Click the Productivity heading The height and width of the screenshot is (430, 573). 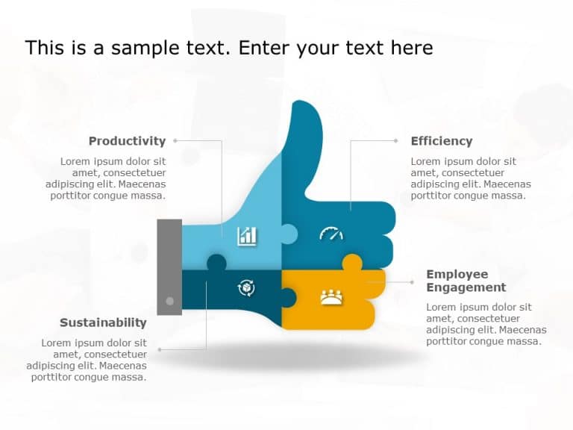tap(127, 141)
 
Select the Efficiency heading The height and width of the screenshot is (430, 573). tap(442, 141)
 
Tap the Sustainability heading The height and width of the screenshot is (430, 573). tap(103, 322)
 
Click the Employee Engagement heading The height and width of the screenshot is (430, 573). tap(466, 281)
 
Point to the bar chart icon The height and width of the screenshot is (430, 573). tap(247, 236)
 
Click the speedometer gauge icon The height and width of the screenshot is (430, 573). tap(331, 234)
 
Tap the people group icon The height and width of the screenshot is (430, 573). tap(331, 297)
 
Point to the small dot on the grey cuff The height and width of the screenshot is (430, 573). tap(169, 301)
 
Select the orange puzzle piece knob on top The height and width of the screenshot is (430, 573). tap(351, 262)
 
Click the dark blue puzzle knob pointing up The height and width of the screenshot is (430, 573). tap(216, 262)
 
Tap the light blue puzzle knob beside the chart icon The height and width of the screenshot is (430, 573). tap(289, 234)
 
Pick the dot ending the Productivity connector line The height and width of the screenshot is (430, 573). tap(175, 140)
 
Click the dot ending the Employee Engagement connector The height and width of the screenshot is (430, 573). tap(413, 282)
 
